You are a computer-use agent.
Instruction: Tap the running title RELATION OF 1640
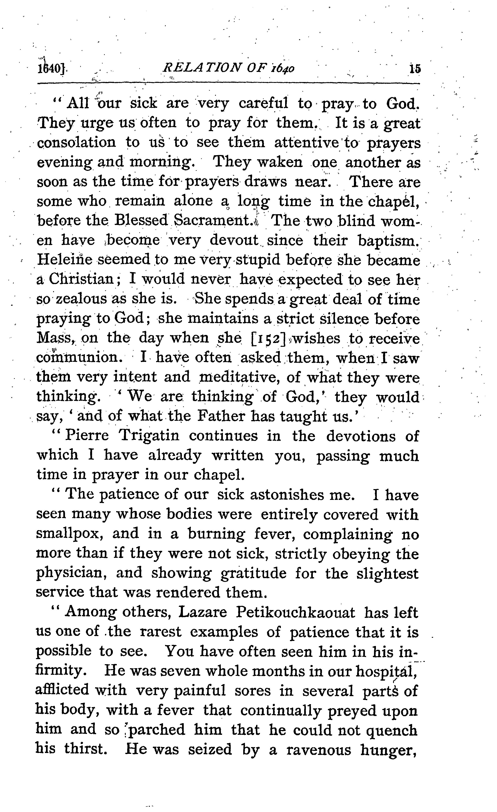click(x=229, y=68)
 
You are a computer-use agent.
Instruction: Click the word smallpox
click(x=69, y=534)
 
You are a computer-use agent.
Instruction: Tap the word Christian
click(x=81, y=280)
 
